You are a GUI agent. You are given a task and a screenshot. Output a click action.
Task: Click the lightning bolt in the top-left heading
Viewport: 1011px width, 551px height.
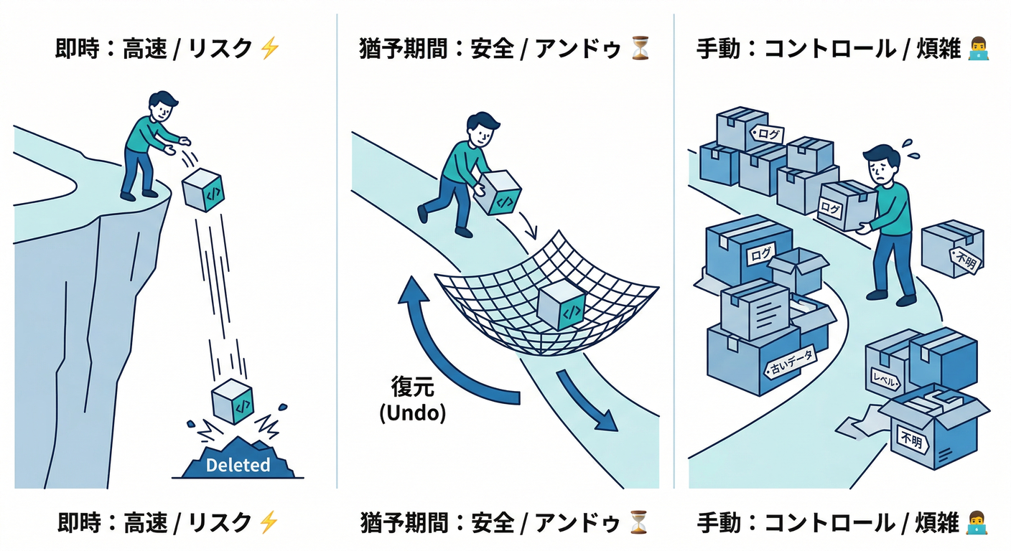tap(269, 48)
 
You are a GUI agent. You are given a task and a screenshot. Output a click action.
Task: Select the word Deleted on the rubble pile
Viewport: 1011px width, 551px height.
tap(238, 465)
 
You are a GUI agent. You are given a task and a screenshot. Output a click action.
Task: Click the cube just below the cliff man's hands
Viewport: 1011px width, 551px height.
tap(204, 189)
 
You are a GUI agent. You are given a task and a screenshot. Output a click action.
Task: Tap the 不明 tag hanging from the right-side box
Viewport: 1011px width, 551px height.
tap(963, 259)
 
